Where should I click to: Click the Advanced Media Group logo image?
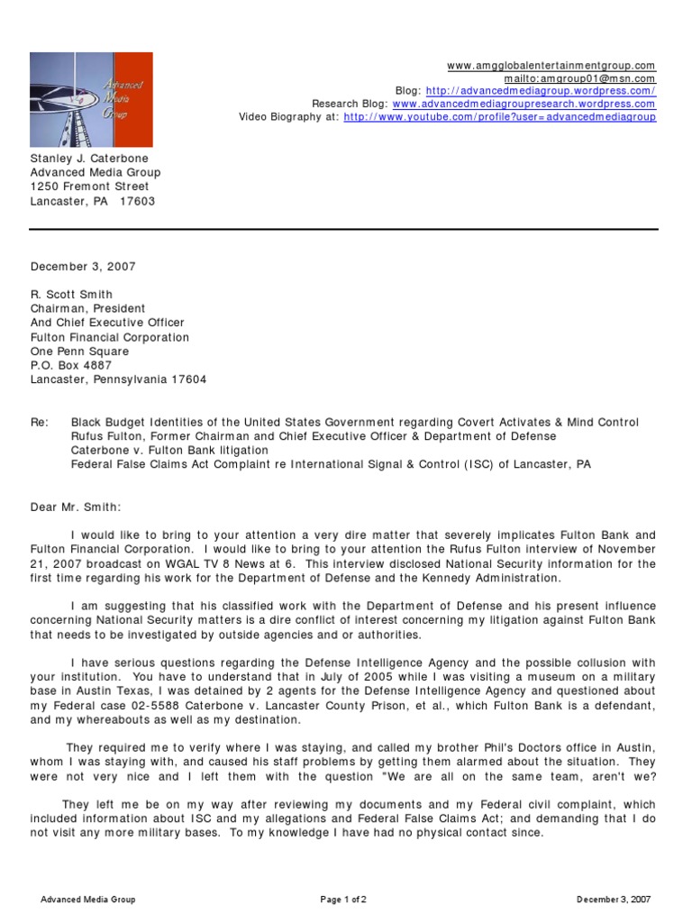click(91, 99)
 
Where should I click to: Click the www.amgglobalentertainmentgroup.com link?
click(551, 66)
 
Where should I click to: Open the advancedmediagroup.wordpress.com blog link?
click(541, 91)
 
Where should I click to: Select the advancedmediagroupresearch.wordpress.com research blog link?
click(524, 104)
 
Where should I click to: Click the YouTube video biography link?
click(500, 116)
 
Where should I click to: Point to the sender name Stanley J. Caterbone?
click(89, 158)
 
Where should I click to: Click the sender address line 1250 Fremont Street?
click(90, 187)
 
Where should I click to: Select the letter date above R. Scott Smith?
click(83, 266)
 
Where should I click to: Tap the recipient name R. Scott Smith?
click(71, 294)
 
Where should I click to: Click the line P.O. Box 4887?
click(71, 365)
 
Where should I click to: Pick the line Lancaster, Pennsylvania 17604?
click(118, 379)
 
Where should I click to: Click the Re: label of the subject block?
click(40, 422)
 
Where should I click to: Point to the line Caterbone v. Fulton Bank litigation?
click(169, 450)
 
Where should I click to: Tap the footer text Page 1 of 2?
click(343, 900)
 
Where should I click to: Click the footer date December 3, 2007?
click(614, 900)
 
